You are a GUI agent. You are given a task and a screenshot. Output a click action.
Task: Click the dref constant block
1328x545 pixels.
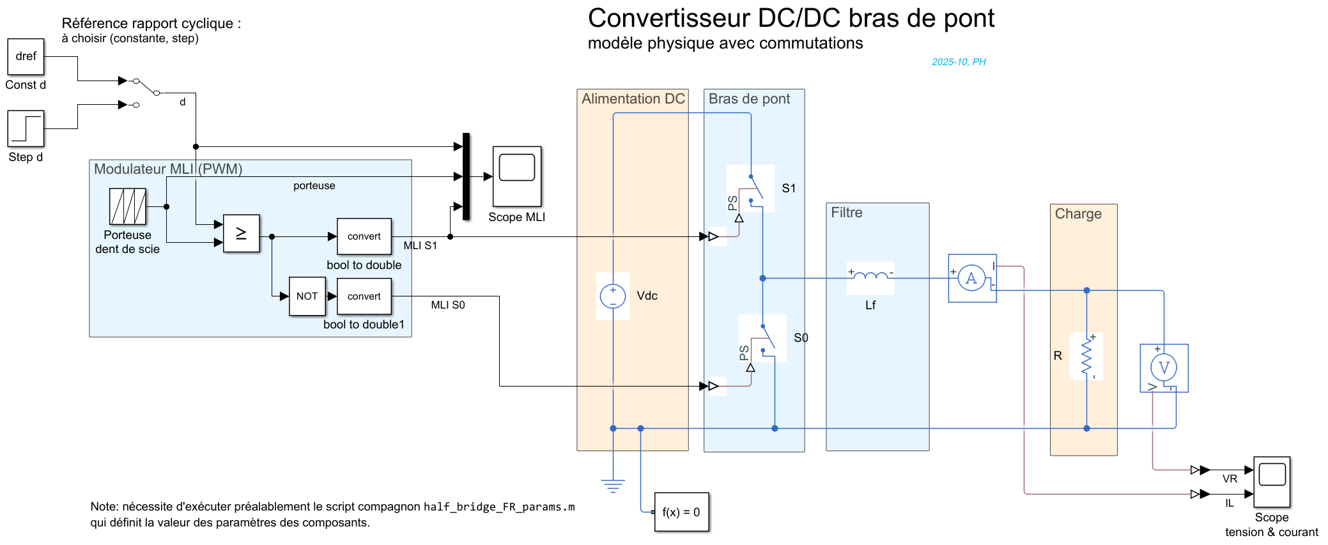point(26,57)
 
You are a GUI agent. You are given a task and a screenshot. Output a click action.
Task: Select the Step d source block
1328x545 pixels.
point(26,128)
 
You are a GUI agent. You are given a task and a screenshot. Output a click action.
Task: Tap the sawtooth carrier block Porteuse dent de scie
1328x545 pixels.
point(128,206)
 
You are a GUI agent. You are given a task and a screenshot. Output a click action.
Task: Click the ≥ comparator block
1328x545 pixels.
point(242,234)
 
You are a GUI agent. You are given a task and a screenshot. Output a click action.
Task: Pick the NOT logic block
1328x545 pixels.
point(307,296)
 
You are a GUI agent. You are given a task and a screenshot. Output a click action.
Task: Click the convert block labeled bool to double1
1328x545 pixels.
point(364,296)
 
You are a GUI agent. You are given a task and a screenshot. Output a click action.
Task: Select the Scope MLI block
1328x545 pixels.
point(517,176)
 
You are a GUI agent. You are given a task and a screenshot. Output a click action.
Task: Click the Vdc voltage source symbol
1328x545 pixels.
point(613,296)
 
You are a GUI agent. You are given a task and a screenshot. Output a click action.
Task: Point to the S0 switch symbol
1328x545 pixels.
point(767,337)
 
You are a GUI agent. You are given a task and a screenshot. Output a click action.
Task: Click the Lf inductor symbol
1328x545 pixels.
point(870,277)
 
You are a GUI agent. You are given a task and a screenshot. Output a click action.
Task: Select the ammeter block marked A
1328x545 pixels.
point(972,279)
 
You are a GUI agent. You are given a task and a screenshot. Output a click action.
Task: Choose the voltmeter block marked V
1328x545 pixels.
point(1164,368)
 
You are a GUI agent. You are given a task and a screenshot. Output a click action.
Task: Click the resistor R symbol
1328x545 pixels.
point(1086,357)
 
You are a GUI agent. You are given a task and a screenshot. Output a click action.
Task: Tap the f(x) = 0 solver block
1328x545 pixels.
point(682,512)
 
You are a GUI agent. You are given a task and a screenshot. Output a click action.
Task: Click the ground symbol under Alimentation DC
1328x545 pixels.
point(613,486)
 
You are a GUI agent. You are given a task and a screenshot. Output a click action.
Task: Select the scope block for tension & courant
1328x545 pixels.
point(1272,482)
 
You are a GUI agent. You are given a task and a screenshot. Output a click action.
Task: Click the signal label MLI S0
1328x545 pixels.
point(448,305)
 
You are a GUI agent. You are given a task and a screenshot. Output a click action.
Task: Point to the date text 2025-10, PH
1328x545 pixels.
point(959,62)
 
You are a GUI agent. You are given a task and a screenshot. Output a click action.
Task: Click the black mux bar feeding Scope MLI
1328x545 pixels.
point(467,176)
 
